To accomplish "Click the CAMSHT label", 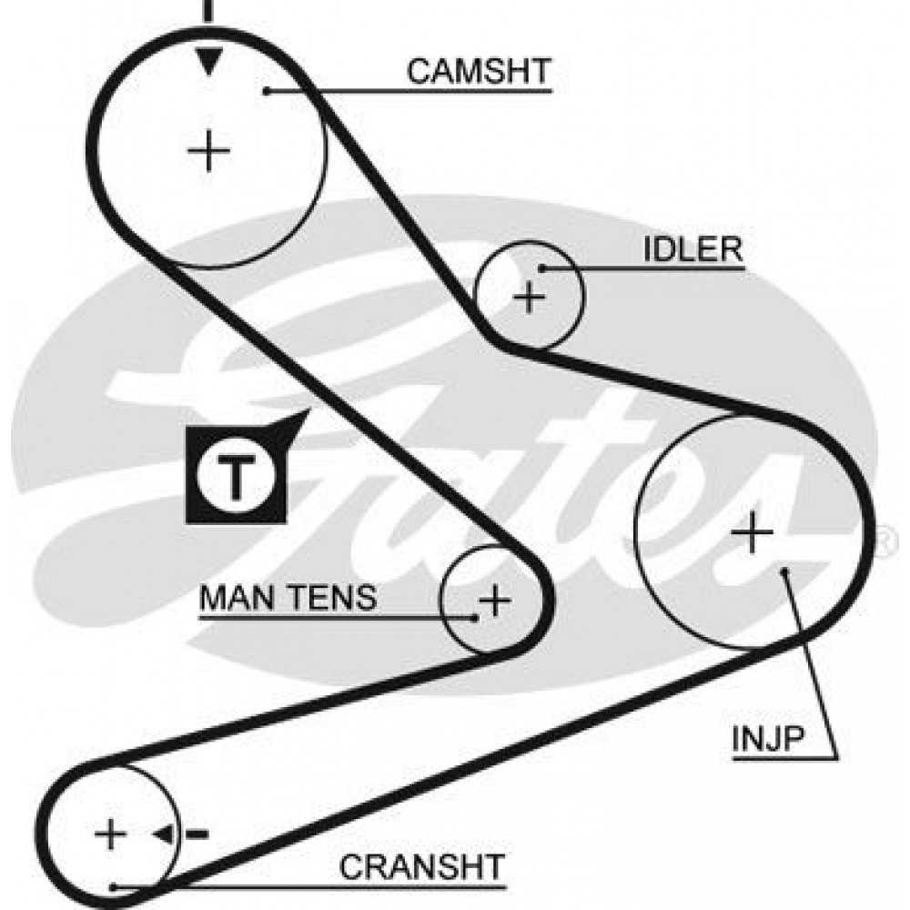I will [479, 71].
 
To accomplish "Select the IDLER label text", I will [693, 249].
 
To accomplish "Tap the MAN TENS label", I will [288, 598].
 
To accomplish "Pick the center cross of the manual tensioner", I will [494, 600].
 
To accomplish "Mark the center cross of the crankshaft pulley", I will [111, 834].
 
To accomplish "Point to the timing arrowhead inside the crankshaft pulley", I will [165, 834].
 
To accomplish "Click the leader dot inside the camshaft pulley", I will [268, 89].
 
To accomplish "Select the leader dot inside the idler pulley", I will [542, 268].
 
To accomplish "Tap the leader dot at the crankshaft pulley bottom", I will [112, 886].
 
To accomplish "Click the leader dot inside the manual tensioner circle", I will [475, 617].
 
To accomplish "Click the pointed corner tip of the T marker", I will [310, 410].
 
